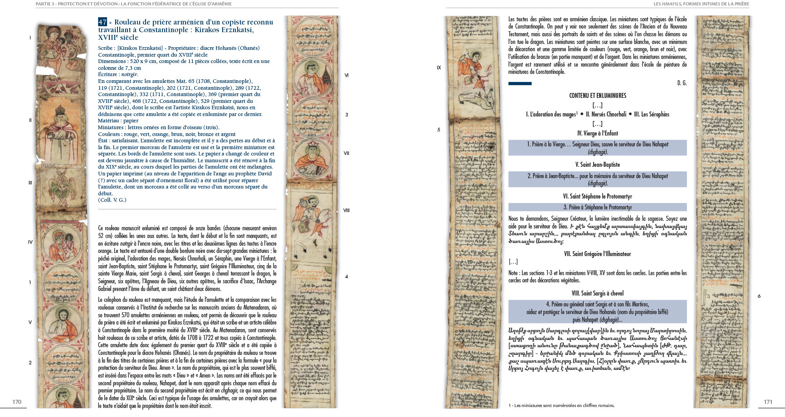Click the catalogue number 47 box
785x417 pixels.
click(x=102, y=22)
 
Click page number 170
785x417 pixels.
click(x=17, y=402)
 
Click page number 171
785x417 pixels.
click(x=768, y=402)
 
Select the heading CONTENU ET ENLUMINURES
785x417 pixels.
click(x=597, y=96)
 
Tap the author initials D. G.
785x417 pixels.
click(x=682, y=83)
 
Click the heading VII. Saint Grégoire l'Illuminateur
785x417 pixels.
click(x=597, y=254)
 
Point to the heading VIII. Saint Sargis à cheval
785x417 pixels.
click(x=597, y=293)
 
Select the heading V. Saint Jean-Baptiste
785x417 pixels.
click(x=597, y=165)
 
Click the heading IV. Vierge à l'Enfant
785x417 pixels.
click(x=597, y=133)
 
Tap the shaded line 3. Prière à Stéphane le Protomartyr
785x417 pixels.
click(x=597, y=207)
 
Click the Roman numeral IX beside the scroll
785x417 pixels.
click(x=439, y=68)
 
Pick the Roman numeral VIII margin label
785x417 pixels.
click(x=346, y=210)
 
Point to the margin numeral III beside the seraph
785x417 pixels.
click(x=30, y=183)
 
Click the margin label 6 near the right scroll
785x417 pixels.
click(x=759, y=296)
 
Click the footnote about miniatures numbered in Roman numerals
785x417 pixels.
click(x=561, y=406)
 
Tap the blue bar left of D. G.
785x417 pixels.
click(x=520, y=83)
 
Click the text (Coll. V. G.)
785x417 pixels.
click(x=112, y=200)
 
